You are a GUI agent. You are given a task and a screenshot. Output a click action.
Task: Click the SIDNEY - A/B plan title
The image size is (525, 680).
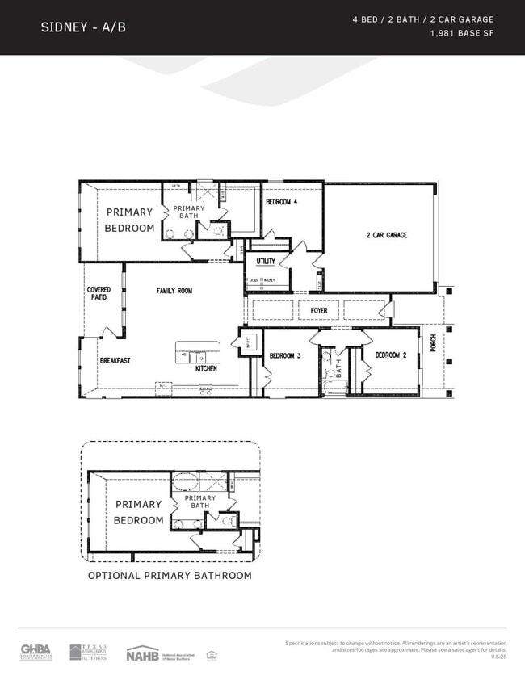82,27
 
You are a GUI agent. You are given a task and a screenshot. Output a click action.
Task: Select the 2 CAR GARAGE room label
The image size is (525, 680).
386,235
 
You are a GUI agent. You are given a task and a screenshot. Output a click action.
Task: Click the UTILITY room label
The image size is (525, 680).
266,262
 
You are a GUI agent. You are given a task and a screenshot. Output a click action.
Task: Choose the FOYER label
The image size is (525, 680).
319,310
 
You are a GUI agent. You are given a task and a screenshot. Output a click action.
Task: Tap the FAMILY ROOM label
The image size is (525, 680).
174,291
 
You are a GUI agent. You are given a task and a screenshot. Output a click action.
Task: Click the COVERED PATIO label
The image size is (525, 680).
99,293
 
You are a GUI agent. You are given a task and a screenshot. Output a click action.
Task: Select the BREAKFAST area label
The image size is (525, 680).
115,361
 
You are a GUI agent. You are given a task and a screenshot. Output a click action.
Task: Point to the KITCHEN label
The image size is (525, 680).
206,368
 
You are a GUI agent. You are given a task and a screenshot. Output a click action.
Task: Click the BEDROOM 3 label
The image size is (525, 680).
285,355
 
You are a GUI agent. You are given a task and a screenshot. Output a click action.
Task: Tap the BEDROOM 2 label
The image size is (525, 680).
391,355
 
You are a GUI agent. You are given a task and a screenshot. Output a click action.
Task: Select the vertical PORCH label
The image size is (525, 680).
433,343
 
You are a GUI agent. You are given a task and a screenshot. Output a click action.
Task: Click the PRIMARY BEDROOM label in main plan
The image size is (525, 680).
129,220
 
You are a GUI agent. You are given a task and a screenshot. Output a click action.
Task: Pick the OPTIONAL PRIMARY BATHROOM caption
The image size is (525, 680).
170,576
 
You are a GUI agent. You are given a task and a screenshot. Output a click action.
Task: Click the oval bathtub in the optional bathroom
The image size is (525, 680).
186,483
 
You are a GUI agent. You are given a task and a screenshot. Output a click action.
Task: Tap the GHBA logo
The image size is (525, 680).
36,651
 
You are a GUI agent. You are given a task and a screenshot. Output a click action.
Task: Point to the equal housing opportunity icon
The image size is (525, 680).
212,653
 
